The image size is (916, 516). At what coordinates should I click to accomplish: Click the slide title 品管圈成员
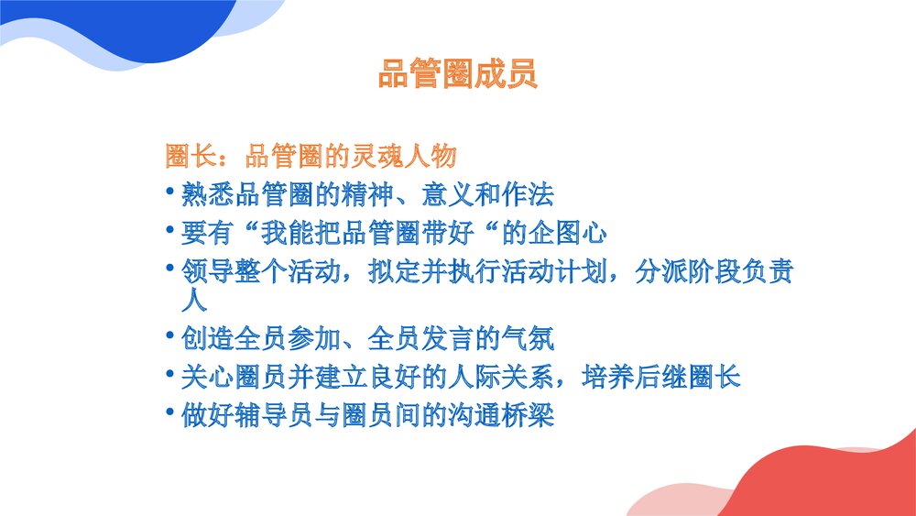(x=457, y=74)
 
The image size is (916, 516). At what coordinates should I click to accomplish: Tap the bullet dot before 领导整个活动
(x=170, y=267)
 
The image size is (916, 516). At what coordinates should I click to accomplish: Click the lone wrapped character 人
(x=193, y=299)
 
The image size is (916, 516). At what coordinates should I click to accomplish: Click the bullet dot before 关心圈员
(x=170, y=372)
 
